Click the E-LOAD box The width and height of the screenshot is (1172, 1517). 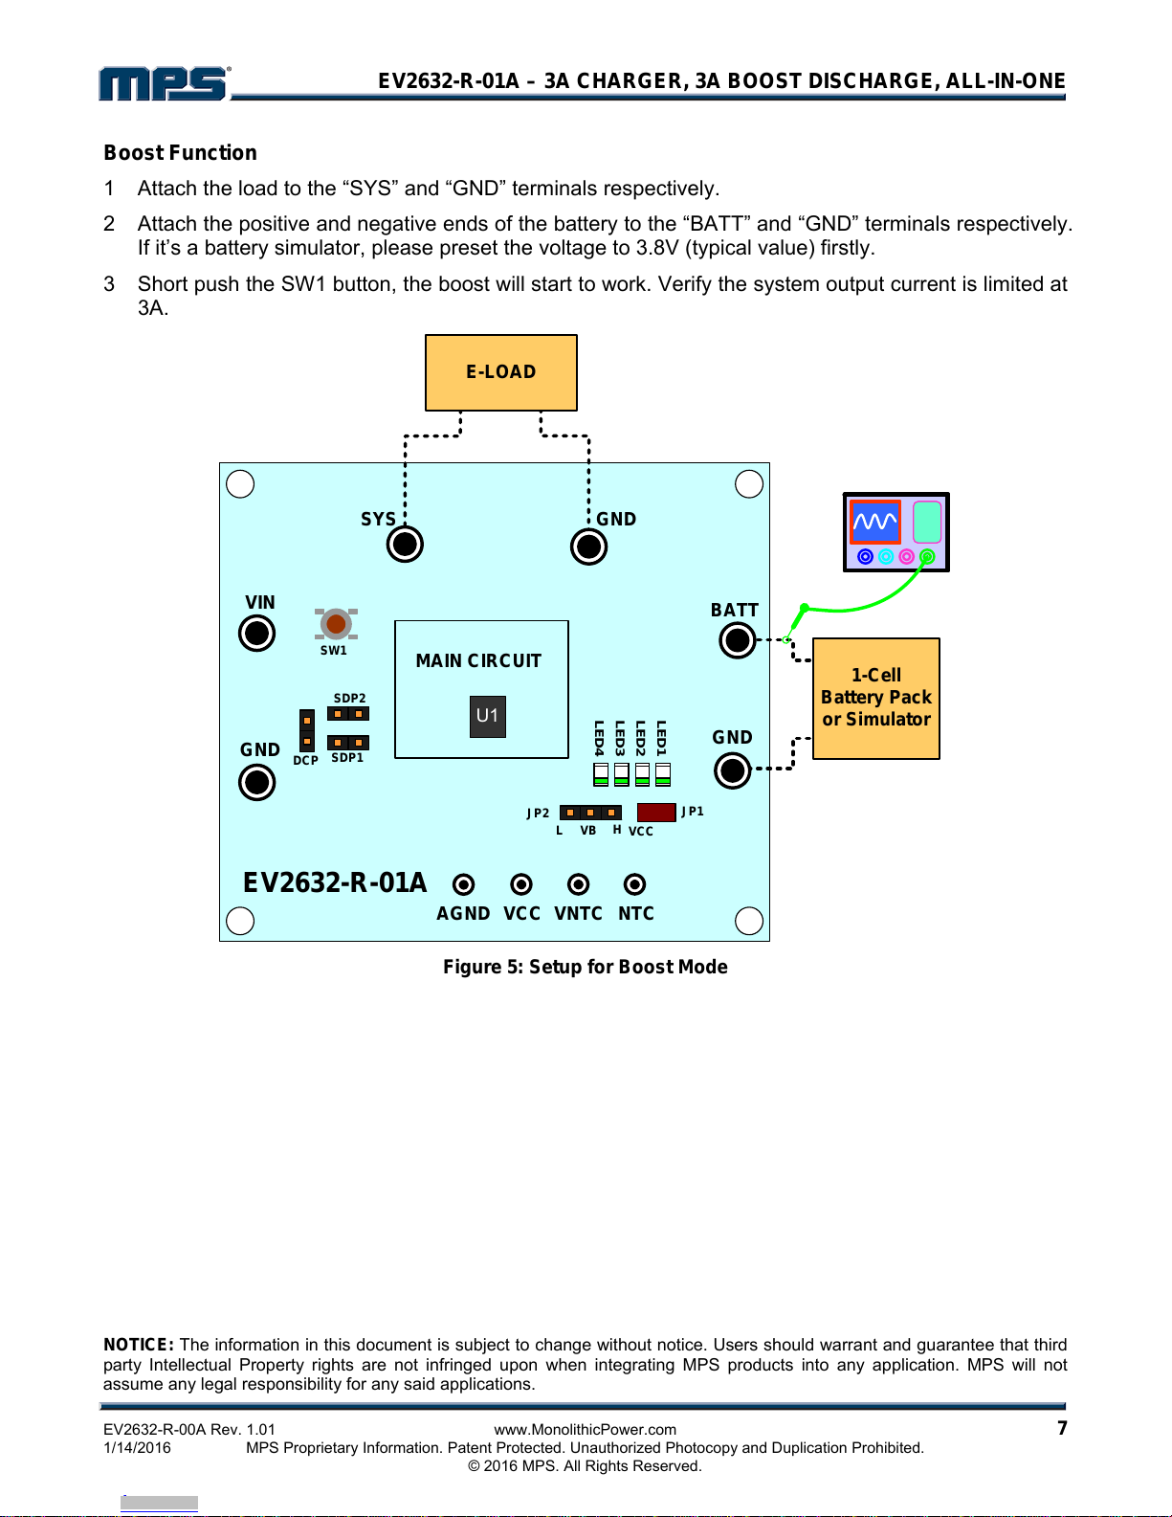click(501, 373)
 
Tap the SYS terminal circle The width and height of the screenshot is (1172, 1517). click(405, 544)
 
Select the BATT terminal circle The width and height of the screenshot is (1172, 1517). click(738, 640)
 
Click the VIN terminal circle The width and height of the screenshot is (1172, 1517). click(256, 634)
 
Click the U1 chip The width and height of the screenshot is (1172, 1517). click(488, 716)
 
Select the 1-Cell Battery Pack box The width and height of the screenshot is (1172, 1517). click(876, 698)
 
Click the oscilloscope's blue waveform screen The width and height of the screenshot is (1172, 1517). click(875, 522)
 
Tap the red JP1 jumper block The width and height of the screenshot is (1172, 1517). click(656, 812)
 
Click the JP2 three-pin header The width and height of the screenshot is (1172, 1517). click(590, 813)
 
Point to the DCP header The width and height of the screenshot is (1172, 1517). click(307, 730)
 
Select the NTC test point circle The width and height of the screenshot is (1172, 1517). click(634, 884)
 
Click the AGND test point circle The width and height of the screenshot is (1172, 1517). click(463, 884)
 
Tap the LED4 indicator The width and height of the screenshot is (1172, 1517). click(601, 774)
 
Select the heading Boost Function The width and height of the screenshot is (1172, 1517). click(180, 153)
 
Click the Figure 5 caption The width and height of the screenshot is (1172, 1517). click(586, 967)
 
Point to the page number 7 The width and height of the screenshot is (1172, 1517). click(1062, 1428)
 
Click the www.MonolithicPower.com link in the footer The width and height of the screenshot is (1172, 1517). click(586, 1430)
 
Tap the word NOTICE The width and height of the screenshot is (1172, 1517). click(138, 1345)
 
